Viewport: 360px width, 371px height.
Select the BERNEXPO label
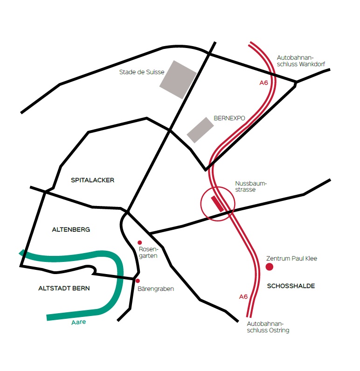point(229,118)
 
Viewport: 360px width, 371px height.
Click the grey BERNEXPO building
point(200,130)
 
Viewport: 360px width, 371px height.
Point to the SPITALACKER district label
point(93,180)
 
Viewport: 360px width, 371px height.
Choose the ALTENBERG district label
point(71,229)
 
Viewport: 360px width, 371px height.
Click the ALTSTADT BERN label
point(64,289)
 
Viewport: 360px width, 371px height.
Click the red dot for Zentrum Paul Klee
point(269,267)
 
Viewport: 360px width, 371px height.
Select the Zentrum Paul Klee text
point(291,258)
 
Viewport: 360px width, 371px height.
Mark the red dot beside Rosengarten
point(139,242)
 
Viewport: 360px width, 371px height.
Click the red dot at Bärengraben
point(138,281)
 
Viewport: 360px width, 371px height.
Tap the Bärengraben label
point(156,289)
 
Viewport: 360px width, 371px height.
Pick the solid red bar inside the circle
point(217,204)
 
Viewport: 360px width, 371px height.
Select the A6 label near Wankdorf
point(264,83)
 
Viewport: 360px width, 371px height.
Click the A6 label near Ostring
point(243,296)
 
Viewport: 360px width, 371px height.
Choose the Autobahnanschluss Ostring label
point(268,327)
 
